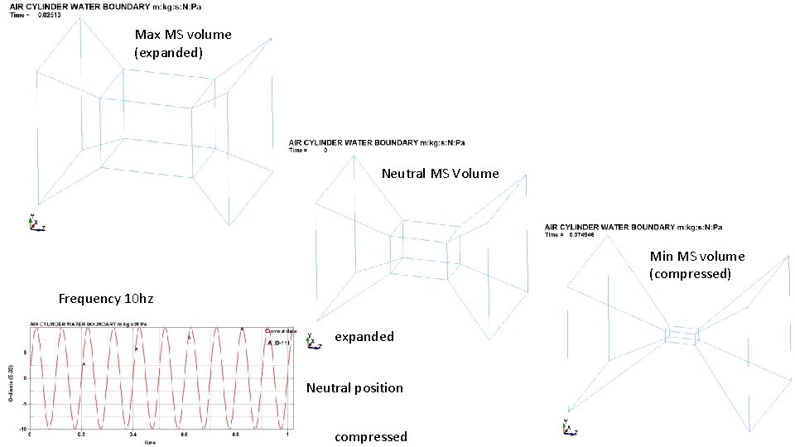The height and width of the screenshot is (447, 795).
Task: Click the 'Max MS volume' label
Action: coord(183,35)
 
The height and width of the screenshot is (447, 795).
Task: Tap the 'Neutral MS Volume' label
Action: coord(440,174)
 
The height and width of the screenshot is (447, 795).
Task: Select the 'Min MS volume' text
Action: coord(696,257)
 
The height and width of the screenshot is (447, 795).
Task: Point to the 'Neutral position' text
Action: coord(354,387)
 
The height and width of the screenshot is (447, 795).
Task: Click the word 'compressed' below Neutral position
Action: coord(370,436)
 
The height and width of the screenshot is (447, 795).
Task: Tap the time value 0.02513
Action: coord(51,15)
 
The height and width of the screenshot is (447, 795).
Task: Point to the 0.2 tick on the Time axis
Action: coord(81,434)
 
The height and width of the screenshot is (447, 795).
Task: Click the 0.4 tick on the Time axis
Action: coord(132,434)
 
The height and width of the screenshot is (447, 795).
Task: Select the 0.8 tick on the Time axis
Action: coord(235,434)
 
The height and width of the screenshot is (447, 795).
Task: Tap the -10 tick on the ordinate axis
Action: coord(25,426)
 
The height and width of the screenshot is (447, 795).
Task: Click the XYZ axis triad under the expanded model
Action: coord(36,223)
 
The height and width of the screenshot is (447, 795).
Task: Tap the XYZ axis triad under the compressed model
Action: coord(567,427)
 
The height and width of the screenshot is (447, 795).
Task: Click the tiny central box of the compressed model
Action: coord(682,335)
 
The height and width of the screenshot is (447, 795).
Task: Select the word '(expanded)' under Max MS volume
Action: coord(169,53)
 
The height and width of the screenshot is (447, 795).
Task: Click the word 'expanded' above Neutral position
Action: coord(364,337)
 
